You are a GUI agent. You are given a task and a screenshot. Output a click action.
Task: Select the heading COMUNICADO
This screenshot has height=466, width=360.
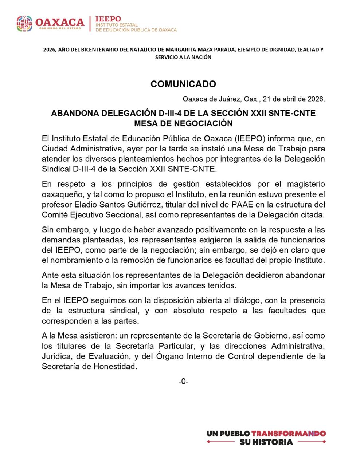click(183, 84)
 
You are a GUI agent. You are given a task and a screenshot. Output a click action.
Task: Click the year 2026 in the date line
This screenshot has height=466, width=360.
click(316, 99)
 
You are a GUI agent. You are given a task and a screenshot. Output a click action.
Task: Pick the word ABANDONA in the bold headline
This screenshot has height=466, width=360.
click(73, 113)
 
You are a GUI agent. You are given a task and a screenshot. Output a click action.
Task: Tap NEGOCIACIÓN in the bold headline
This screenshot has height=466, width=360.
click(204, 123)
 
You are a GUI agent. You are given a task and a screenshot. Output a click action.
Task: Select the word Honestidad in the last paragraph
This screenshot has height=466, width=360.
click(115, 366)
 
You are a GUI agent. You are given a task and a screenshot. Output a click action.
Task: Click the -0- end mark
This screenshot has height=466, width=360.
click(183, 381)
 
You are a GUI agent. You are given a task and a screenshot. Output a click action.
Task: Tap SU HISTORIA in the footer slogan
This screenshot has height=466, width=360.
click(266, 442)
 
